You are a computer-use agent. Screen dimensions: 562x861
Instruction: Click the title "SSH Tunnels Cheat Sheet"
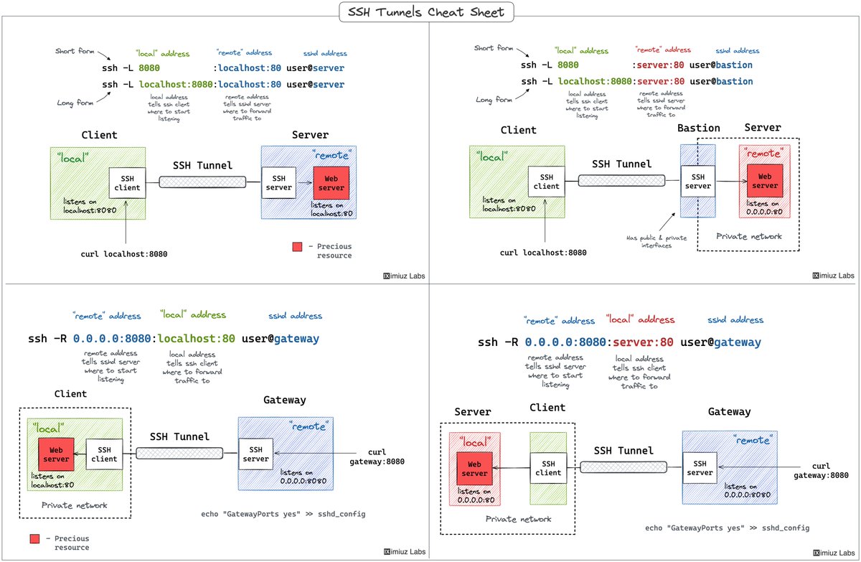tap(430, 12)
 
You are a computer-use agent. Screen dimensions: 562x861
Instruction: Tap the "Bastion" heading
tap(699, 128)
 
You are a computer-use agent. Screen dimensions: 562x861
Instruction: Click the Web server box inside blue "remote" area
tap(331, 182)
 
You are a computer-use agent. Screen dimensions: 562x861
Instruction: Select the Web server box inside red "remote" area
tap(764, 181)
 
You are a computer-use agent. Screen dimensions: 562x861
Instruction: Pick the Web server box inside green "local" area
tap(56, 454)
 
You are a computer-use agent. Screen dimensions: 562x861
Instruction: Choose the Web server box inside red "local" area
tap(474, 469)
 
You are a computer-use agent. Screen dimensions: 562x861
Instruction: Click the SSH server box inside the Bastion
tap(697, 182)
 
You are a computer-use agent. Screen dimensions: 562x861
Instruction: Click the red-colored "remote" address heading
tap(664, 50)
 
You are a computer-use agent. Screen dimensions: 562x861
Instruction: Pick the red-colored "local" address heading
tap(640, 319)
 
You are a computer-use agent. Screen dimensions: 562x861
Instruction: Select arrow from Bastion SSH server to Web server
tap(730, 182)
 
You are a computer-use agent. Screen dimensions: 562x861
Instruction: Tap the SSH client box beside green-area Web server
tap(104, 454)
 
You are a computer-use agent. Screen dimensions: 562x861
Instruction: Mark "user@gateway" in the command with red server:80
tap(720, 342)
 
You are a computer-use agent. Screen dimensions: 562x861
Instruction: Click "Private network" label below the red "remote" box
tap(748, 236)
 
